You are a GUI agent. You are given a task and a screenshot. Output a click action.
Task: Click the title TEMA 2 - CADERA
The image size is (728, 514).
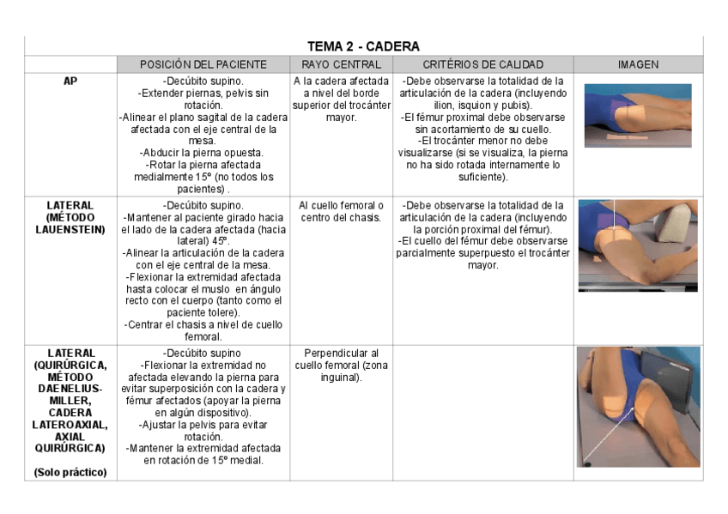363,46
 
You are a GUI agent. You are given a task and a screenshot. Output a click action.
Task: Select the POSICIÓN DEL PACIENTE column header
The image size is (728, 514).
203,64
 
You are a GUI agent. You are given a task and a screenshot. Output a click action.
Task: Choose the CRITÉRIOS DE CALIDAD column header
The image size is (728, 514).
483,64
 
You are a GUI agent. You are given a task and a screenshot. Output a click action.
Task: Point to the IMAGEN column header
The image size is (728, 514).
638,64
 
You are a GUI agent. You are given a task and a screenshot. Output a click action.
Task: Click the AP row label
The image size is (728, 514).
70,82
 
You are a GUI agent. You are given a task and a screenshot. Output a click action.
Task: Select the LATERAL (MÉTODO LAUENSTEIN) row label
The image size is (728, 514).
70,217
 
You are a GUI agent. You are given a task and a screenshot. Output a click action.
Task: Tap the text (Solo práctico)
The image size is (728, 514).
70,472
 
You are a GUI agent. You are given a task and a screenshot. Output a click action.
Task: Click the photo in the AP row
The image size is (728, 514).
638,115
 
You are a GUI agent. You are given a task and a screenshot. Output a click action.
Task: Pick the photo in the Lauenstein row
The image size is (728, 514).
638,245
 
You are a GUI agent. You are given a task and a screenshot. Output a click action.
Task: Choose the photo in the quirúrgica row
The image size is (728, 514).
638,406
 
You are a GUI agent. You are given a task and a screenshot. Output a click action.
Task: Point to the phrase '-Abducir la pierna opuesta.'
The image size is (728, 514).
203,153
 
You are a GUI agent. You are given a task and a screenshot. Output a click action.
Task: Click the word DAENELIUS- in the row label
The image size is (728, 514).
70,389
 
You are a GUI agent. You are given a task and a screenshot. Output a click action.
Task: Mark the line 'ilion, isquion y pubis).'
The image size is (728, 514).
483,106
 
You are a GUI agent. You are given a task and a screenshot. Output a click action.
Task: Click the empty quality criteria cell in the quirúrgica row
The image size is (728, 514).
483,412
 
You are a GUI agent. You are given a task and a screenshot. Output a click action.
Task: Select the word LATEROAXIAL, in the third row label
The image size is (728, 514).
70,425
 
